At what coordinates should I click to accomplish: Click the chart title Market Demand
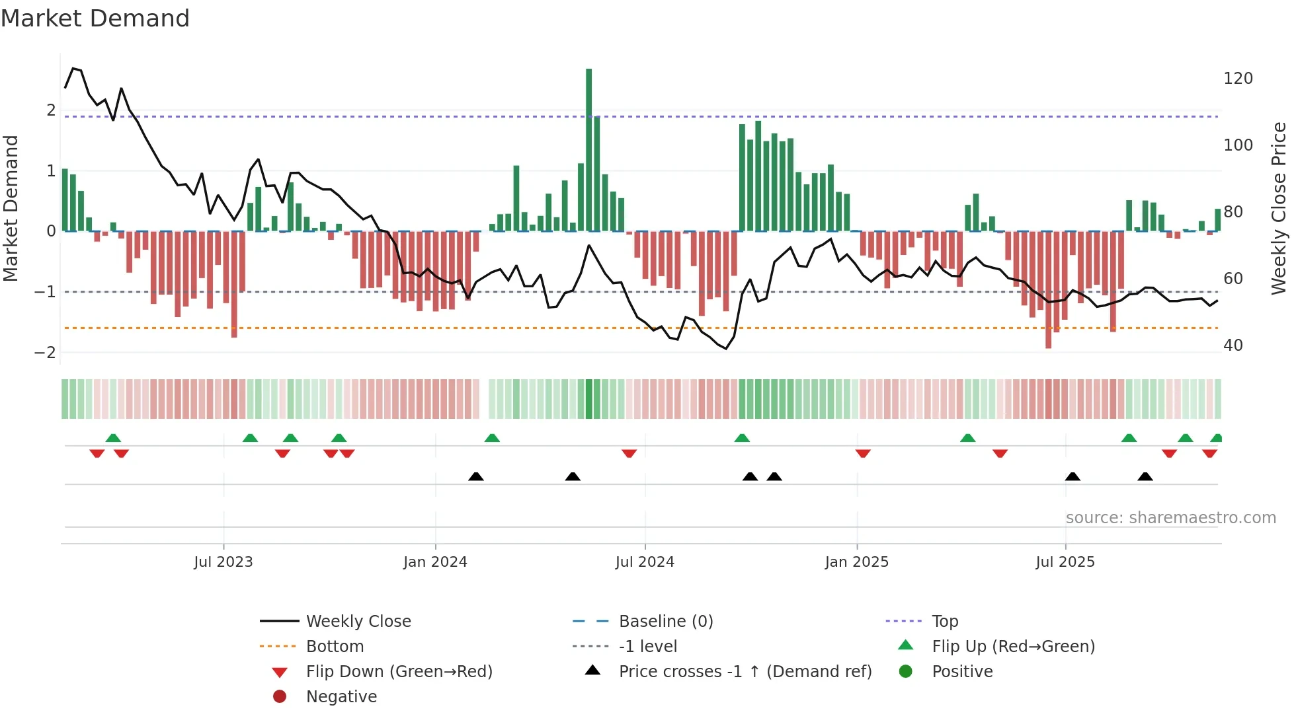(x=95, y=18)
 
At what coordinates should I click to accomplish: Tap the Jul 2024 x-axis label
(x=645, y=562)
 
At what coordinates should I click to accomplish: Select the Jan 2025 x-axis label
(x=857, y=562)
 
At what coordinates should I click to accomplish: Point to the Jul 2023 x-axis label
(x=223, y=562)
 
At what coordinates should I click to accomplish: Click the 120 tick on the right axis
(x=1238, y=79)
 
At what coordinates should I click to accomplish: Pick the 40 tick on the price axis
(x=1233, y=346)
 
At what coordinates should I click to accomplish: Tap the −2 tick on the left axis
(x=45, y=353)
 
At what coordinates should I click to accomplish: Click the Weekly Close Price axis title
(x=1279, y=208)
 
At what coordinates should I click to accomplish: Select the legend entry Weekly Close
(x=358, y=622)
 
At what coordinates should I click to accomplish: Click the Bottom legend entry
(x=335, y=647)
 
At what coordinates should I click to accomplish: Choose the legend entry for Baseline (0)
(x=665, y=622)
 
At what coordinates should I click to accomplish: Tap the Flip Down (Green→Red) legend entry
(x=399, y=672)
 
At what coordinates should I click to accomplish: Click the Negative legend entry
(x=341, y=697)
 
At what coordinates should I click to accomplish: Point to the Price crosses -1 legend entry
(x=745, y=672)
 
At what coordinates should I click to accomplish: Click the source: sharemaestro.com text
(x=1170, y=518)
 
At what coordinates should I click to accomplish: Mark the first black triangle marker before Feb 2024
(x=475, y=476)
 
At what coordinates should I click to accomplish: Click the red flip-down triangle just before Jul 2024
(x=629, y=453)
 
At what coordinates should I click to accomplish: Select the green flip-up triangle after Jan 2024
(x=492, y=438)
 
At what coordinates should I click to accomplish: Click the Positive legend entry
(x=961, y=672)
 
